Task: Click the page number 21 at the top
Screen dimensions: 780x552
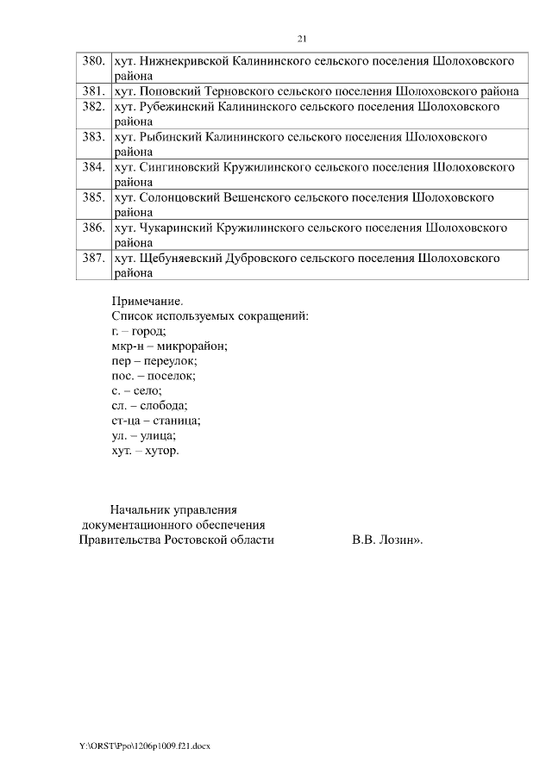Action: pos(302,39)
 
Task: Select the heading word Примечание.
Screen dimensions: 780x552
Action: pos(147,301)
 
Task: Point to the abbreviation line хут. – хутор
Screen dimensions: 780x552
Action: pos(146,450)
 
